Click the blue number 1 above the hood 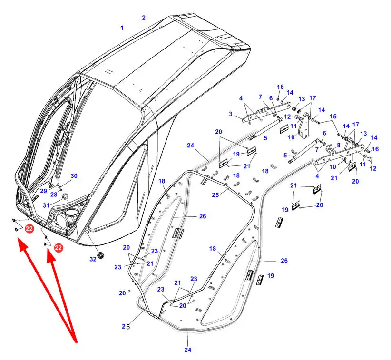coord(121,28)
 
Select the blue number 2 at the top coord(144,18)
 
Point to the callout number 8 coord(338,146)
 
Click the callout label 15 coord(333,117)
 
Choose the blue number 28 coord(53,195)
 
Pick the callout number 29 coord(43,191)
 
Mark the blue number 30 coord(74,176)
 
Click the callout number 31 coord(46,205)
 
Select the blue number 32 coord(93,259)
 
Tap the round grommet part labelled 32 coord(101,255)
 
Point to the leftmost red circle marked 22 coord(29,229)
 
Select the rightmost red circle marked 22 coord(59,247)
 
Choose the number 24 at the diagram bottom coord(188,350)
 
